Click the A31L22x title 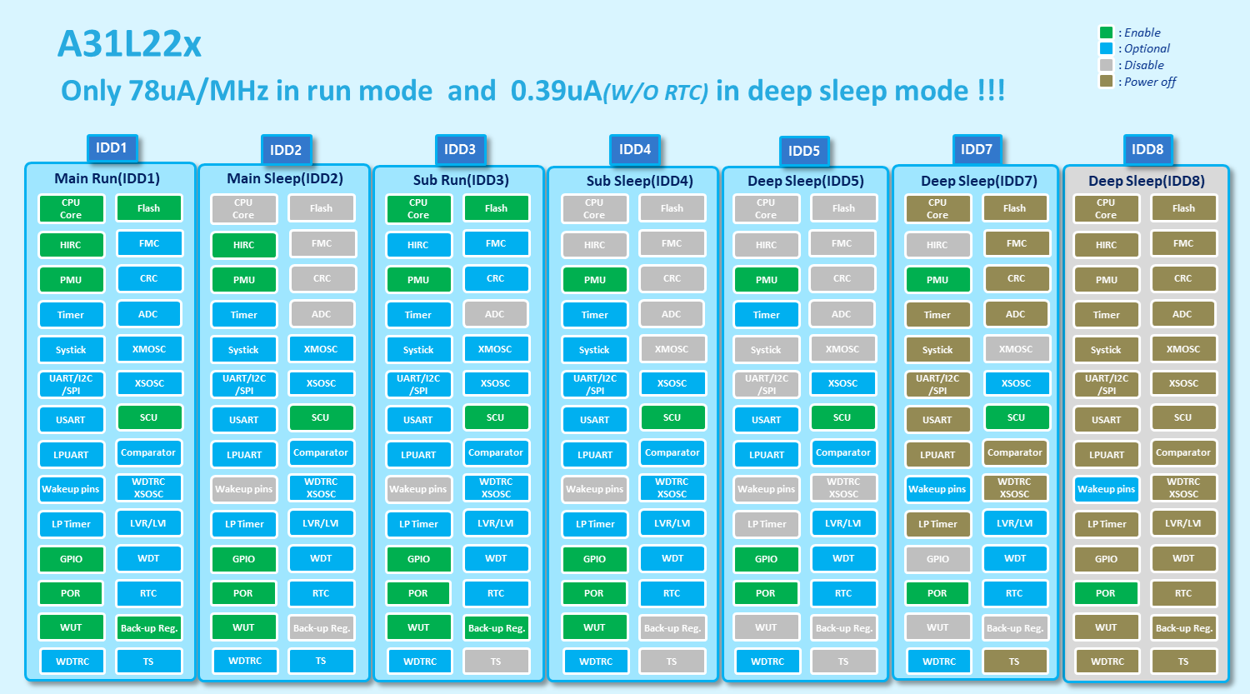[129, 44]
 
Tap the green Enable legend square [1106, 32]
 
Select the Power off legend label [1149, 82]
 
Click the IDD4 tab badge [634, 150]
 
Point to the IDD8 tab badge [1147, 150]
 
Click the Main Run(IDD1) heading [107, 178]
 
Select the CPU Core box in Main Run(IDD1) [71, 208]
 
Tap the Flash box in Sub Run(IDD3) [496, 208]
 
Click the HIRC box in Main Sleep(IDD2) [243, 245]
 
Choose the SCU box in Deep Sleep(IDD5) [842, 417]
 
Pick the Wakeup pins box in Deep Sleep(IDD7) [937, 489]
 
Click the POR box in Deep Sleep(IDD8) [1106, 593]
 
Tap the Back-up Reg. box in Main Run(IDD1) [148, 628]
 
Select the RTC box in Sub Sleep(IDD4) [672, 593]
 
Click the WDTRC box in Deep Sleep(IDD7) [938, 662]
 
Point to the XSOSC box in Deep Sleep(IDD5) [842, 383]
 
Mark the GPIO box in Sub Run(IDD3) [418, 559]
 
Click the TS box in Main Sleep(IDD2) [321, 662]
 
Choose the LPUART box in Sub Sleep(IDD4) [594, 455]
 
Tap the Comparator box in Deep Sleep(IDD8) [1182, 452]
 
